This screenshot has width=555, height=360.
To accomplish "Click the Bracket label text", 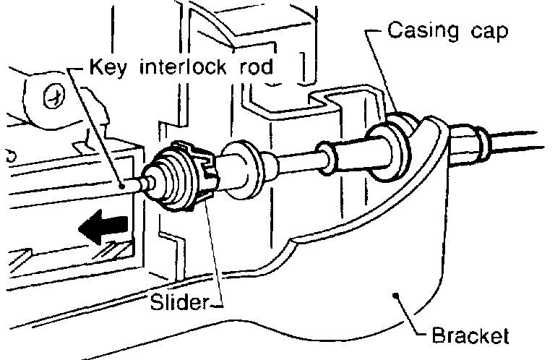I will click(470, 336).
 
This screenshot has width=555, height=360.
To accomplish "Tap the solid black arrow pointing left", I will click(106, 231).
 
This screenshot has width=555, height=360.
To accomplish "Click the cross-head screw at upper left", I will click(51, 96).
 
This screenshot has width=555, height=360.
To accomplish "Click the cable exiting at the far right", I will click(520, 137).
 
